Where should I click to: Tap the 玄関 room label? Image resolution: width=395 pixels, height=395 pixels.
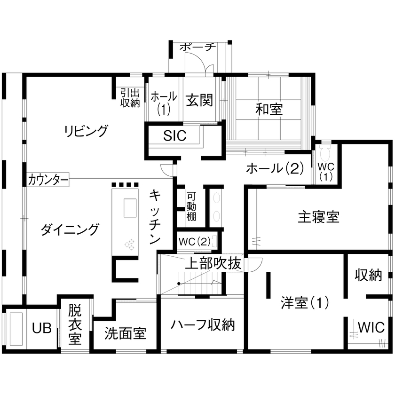(x=199, y=100)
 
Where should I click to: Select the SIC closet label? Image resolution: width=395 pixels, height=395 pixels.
(x=175, y=135)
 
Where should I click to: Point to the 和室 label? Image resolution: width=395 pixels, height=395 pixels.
(x=269, y=109)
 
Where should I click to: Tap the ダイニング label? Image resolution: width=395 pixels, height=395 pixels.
(x=70, y=229)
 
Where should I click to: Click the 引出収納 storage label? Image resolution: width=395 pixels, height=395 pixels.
(x=130, y=98)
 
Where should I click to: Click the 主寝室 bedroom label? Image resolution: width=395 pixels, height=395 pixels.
(x=318, y=217)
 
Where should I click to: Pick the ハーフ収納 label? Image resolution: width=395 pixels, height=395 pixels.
(x=203, y=324)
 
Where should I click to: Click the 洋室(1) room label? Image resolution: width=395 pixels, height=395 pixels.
(x=305, y=302)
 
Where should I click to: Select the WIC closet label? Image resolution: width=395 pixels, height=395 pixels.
(x=371, y=327)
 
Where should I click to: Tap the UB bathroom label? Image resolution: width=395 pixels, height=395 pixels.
(x=42, y=328)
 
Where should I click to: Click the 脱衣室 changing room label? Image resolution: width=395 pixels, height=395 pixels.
(x=75, y=324)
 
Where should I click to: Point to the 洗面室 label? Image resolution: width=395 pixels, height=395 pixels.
(x=125, y=334)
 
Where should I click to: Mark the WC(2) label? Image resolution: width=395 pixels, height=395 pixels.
(x=195, y=242)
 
